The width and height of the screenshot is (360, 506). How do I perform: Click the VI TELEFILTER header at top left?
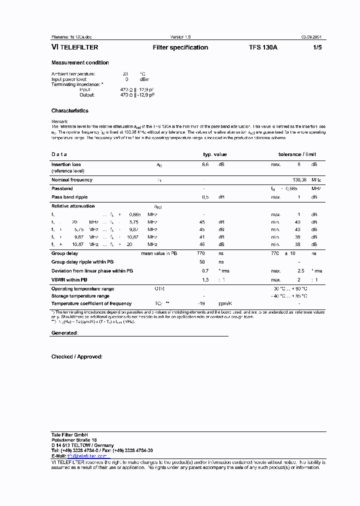click(x=74, y=47)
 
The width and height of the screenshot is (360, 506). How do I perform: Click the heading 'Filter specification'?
click(x=180, y=47)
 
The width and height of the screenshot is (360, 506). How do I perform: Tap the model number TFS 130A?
click(x=263, y=47)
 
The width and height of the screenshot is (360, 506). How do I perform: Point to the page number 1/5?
click(x=317, y=47)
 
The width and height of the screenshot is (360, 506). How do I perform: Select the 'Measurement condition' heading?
click(x=80, y=62)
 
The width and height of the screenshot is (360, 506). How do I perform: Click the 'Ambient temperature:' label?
click(x=73, y=74)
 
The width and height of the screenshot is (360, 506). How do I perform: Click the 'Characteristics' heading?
click(x=70, y=110)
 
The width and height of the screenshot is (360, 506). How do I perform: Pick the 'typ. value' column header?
click(x=214, y=154)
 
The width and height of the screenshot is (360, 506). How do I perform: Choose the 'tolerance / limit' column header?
click(x=297, y=154)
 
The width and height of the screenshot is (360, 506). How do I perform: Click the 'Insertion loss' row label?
click(x=66, y=164)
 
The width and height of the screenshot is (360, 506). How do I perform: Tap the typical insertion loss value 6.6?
click(x=205, y=164)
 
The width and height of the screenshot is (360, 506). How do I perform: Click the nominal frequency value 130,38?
click(x=299, y=180)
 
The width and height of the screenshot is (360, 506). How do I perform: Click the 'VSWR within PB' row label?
click(x=69, y=280)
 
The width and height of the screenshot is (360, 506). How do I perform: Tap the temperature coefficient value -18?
click(x=202, y=303)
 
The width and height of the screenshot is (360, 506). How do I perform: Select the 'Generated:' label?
click(x=64, y=332)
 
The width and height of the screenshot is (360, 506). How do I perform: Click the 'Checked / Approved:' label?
click(x=76, y=356)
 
